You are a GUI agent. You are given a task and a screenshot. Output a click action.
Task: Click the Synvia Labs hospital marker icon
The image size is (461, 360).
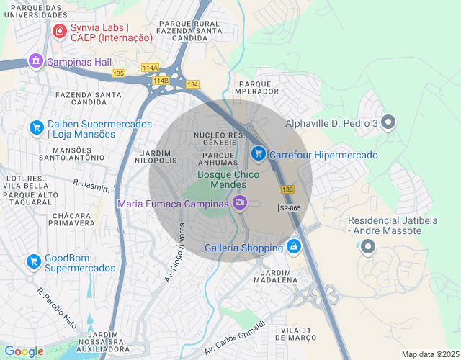coord(58,32)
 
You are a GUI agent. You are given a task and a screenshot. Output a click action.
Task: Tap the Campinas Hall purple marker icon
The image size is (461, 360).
coord(35,62)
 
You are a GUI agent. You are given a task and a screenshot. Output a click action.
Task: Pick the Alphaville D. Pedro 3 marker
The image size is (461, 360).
coord(388,123)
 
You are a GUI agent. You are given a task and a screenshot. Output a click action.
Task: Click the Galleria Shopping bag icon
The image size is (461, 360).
coord(293,248)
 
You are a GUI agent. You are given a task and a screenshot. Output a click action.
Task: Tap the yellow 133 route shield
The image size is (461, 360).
coord(288,189)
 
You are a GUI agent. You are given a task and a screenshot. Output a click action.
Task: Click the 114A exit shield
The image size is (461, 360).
coord(150,68)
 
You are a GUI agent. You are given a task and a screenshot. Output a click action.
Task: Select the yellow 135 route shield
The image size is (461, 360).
coord(119,73)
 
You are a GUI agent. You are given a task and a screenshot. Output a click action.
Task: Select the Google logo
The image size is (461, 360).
coord(24,351)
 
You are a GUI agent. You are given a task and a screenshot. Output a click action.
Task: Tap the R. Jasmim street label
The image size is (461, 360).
coord(90,185)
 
